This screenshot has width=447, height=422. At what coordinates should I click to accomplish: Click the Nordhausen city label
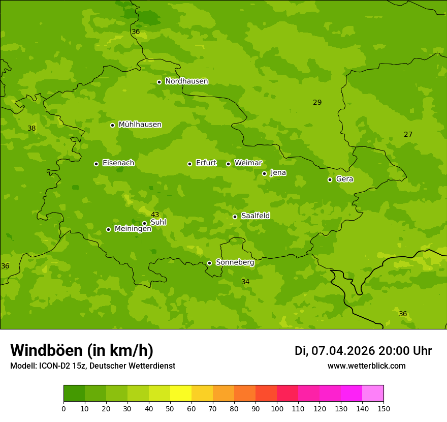pyautogui.click(x=186, y=81)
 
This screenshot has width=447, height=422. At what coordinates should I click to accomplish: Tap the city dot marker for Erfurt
pyautogui.click(x=189, y=164)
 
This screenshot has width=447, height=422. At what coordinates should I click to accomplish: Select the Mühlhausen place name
pyautogui.click(x=140, y=125)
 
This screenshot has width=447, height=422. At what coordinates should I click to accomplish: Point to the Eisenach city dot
pyautogui.click(x=96, y=164)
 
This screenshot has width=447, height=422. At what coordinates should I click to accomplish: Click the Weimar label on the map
pyautogui.click(x=248, y=163)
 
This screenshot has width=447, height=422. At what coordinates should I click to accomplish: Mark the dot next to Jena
pyautogui.click(x=264, y=173)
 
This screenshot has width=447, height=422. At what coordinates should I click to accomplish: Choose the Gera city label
pyautogui.click(x=344, y=179)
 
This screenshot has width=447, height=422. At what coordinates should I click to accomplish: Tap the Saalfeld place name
pyautogui.click(x=255, y=216)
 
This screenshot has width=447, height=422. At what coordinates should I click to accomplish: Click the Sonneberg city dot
pyautogui.click(x=209, y=263)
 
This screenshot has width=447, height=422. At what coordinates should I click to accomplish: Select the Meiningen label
pyautogui.click(x=133, y=229)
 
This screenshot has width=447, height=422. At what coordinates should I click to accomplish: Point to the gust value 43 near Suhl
pyautogui.click(x=155, y=215)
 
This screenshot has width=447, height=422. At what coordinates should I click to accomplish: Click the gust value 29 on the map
pyautogui.click(x=317, y=102)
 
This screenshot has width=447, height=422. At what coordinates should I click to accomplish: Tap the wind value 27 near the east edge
pyautogui.click(x=408, y=134)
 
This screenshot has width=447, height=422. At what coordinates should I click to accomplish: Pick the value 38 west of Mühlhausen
pyautogui.click(x=31, y=128)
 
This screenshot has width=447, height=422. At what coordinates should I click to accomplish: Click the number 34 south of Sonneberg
pyautogui.click(x=245, y=282)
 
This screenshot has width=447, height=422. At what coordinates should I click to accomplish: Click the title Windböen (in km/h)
pyautogui.click(x=82, y=350)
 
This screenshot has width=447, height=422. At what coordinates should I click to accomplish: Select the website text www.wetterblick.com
pyautogui.click(x=366, y=366)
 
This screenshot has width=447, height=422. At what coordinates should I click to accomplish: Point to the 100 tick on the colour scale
pyautogui.click(x=277, y=408)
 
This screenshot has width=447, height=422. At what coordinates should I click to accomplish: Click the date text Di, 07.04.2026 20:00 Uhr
pyautogui.click(x=363, y=351)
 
